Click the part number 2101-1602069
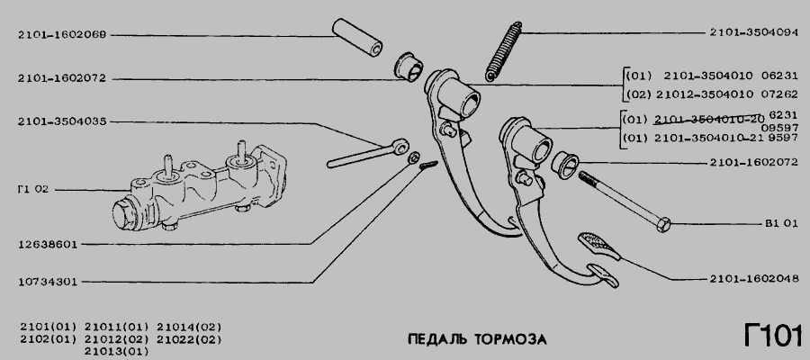click(62, 35)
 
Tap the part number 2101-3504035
click(62, 121)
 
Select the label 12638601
click(47, 245)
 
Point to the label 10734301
click(47, 282)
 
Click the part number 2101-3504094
click(753, 32)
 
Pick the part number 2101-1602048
click(753, 279)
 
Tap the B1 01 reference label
click(781, 223)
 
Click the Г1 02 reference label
click(32, 190)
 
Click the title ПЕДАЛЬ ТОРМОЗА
click(477, 339)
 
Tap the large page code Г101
click(773, 335)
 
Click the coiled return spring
click(504, 51)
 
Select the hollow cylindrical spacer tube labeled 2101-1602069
click(357, 37)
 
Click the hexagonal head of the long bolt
click(664, 225)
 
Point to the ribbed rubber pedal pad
click(598, 246)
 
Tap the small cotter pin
click(428, 166)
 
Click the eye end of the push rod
click(400, 146)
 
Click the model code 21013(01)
click(116, 352)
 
